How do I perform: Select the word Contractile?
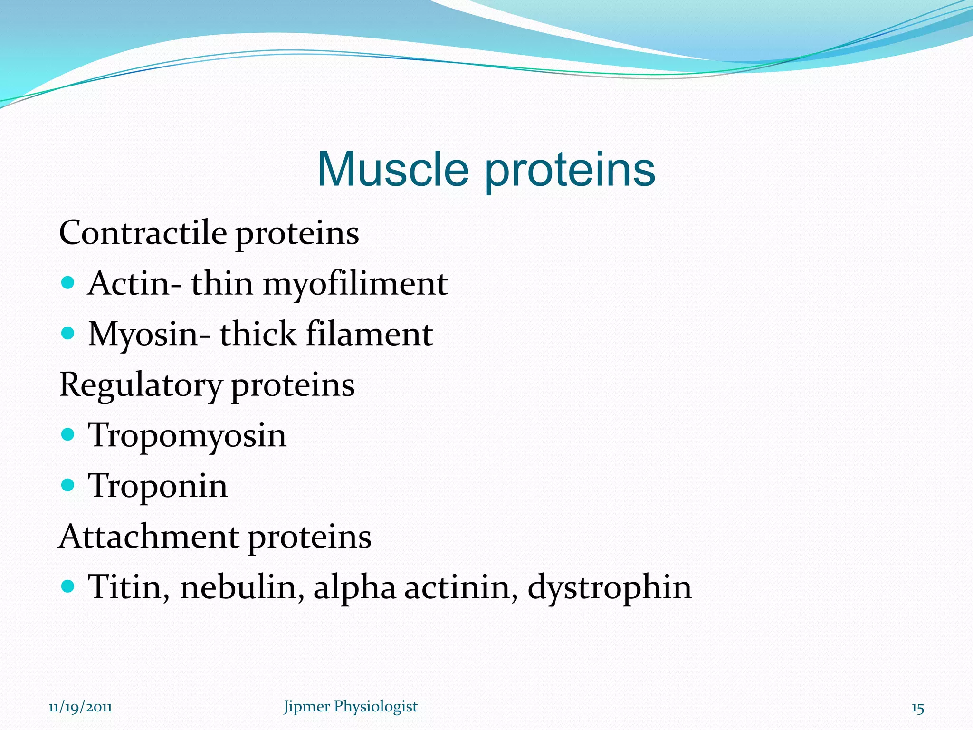click(143, 233)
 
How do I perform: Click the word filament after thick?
click(369, 334)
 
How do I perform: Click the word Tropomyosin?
click(187, 436)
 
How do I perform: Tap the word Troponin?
click(158, 486)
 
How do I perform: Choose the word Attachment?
click(148, 537)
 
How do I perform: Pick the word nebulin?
click(242, 587)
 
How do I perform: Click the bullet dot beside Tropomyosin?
click(68, 434)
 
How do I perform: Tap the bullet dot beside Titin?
click(68, 586)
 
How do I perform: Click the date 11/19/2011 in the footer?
click(80, 707)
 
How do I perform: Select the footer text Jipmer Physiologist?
click(350, 707)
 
